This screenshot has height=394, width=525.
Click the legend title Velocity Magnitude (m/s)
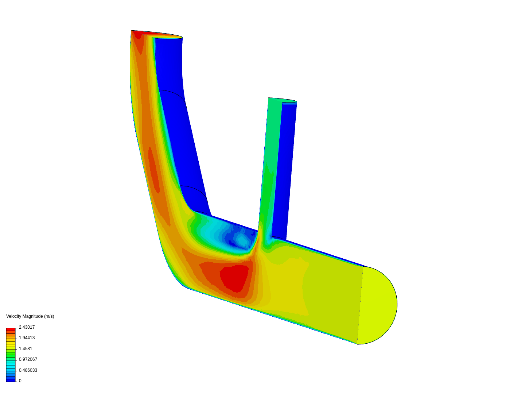(30, 316)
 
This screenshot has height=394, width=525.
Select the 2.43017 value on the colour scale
(27, 327)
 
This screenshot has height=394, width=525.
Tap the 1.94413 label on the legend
(27, 338)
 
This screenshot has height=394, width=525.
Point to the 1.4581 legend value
(26, 349)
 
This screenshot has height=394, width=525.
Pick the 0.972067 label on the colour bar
(28, 359)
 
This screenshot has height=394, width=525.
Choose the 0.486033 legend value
(28, 370)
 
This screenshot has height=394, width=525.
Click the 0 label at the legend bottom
(20, 381)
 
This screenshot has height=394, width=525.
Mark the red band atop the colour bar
(11, 330)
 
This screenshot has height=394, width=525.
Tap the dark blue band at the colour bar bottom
(11, 381)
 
